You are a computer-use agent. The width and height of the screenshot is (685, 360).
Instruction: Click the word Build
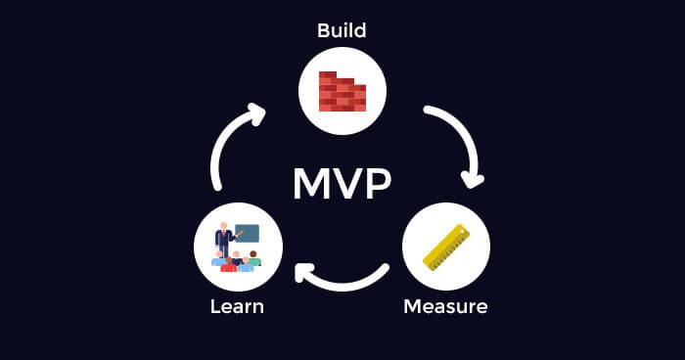[342, 30]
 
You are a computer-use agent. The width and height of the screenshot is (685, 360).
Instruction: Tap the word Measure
[445, 306]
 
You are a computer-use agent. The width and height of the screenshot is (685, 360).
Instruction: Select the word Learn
[237, 306]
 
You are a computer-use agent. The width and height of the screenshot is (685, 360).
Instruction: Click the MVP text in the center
[342, 181]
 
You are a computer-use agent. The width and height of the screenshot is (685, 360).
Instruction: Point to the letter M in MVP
[311, 181]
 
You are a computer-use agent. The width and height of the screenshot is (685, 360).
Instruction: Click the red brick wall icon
[342, 91]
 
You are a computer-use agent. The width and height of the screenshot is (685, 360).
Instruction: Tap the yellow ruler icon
[445, 247]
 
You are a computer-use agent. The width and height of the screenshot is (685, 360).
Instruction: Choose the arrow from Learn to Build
[227, 142]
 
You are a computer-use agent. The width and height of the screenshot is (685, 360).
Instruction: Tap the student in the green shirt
[253, 259]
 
